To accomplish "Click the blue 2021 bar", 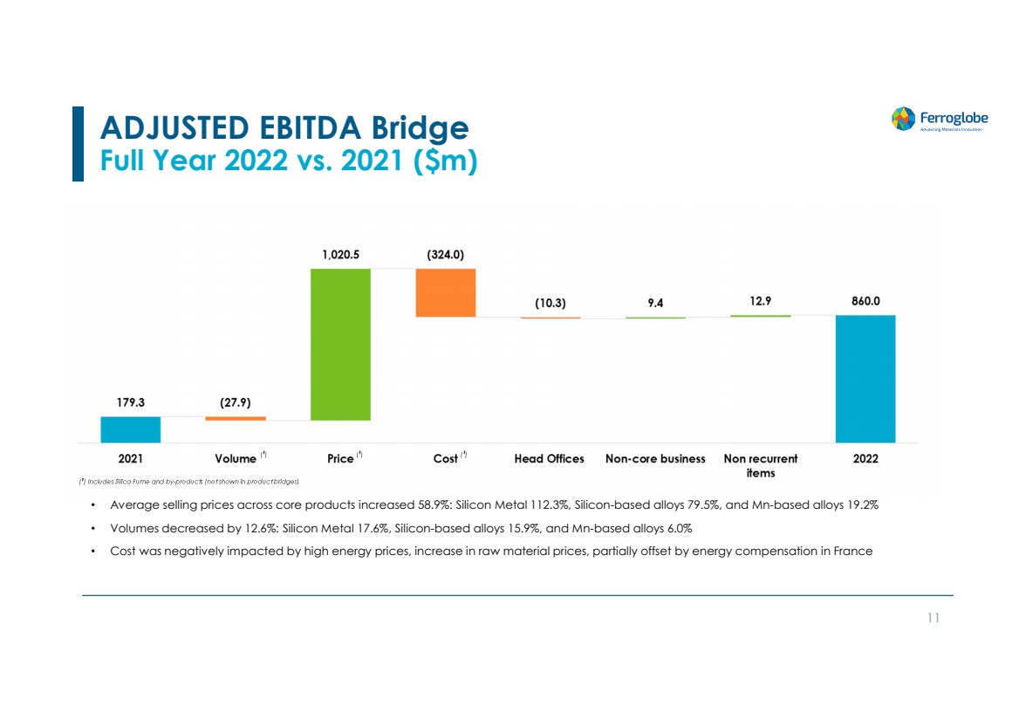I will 131,429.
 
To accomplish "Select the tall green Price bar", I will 340,344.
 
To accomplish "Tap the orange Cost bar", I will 446,292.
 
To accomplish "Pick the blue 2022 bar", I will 865,379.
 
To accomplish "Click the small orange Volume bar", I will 236,419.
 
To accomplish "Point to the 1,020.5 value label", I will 340,255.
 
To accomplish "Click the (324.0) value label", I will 446,255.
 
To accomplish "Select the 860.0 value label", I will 865,300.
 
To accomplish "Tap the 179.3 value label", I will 131,403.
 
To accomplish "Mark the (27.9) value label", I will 236,403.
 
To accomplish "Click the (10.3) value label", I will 551,303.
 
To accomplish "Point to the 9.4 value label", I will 655,303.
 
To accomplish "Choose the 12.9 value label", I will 760,300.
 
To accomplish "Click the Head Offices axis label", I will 550,458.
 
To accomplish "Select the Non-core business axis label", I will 655,458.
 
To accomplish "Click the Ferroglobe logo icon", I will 903,119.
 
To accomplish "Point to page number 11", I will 934,618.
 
